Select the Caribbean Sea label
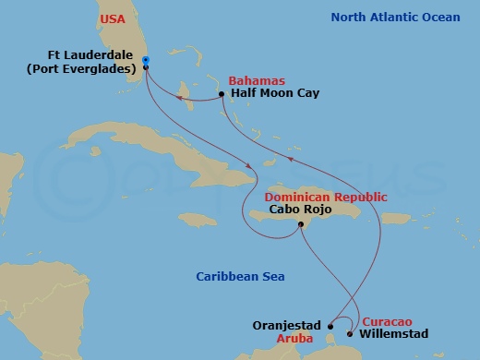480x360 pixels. click(240, 277)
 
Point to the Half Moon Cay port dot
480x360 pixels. click(222, 94)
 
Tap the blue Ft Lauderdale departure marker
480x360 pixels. click(146, 62)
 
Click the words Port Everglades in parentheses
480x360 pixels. click(93, 68)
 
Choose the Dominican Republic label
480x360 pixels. click(326, 198)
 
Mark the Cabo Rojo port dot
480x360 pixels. click(299, 224)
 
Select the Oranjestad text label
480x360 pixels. click(285, 326)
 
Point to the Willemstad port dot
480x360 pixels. click(350, 333)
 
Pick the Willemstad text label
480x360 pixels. click(394, 333)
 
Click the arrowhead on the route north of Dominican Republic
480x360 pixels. click(293, 158)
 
